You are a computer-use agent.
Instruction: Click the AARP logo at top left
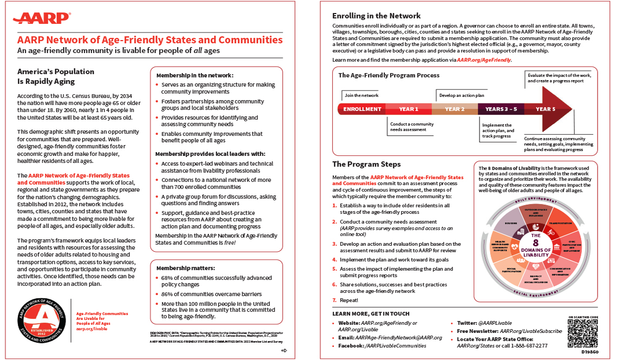coord(42,18)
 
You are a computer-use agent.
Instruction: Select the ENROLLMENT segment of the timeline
coord(362,109)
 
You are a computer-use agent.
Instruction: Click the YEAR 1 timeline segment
coord(409,109)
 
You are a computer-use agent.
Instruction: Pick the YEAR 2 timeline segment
coord(455,109)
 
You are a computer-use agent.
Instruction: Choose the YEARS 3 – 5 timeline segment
coord(501,109)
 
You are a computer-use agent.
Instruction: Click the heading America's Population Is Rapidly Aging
coord(56,76)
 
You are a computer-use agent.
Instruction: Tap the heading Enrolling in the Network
coord(376,16)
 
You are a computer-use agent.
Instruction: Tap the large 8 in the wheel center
coord(535,244)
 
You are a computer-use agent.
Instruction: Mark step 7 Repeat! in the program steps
coord(349,300)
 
